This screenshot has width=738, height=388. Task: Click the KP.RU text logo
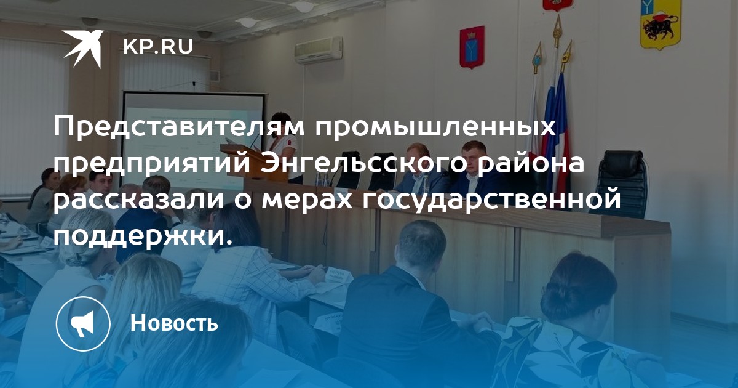pyautogui.click(x=158, y=47)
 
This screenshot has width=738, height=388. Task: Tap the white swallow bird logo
pyautogui.click(x=84, y=49)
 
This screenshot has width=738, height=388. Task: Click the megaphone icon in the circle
pyautogui.click(x=82, y=323)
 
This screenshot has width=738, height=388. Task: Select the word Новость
pyautogui.click(x=174, y=322)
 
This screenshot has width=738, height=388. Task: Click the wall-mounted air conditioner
pyautogui.click(x=319, y=50)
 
